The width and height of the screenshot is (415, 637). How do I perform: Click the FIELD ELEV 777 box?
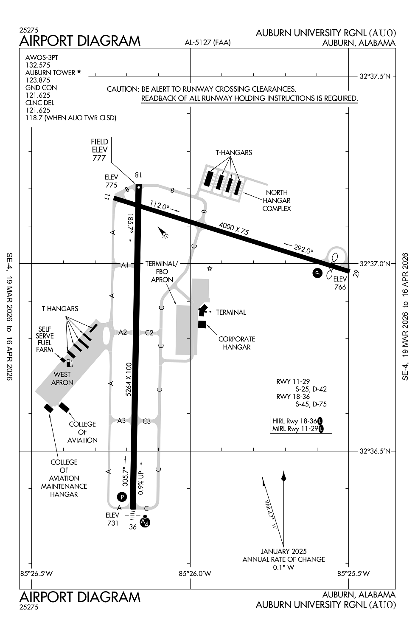pyautogui.click(x=100, y=149)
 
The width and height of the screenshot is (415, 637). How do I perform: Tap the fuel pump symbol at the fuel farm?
pyautogui.click(x=69, y=363)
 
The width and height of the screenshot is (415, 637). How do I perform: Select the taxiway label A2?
pyautogui.click(x=123, y=332)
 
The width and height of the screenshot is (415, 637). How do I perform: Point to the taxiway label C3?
pyautogui.click(x=146, y=421)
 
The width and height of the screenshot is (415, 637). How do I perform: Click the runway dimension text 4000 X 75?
pyautogui.click(x=234, y=228)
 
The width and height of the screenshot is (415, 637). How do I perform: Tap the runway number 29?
pyautogui.click(x=356, y=274)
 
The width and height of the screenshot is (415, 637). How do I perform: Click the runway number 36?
pyautogui.click(x=133, y=527)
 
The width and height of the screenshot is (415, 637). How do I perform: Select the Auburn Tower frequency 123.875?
pyautogui.click(x=38, y=80)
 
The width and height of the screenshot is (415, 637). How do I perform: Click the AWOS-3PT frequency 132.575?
pyautogui.click(x=38, y=65)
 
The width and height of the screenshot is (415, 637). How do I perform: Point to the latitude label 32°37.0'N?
pyautogui.click(x=375, y=264)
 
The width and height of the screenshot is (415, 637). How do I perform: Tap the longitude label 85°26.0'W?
pyautogui.click(x=195, y=574)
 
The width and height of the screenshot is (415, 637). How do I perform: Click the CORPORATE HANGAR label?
pyautogui.click(x=237, y=343)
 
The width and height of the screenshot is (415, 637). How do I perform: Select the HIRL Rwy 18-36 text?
pyautogui.click(x=295, y=421)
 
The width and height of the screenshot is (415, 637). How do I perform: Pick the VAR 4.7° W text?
pyautogui.click(x=270, y=514)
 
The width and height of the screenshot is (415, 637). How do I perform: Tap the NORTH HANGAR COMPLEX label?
pyautogui.click(x=277, y=200)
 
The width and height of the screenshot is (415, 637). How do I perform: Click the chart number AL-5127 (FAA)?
pyautogui.click(x=207, y=42)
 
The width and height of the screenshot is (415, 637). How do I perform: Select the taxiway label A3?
pyautogui.click(x=121, y=421)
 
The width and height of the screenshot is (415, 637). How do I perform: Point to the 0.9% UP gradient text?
pyautogui.click(x=141, y=483)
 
